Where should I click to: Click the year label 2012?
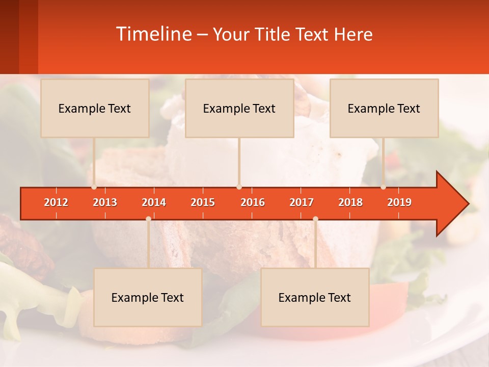(56, 202)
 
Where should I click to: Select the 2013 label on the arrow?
(105, 202)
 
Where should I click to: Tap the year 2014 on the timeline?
(154, 202)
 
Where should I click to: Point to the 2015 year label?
(203, 202)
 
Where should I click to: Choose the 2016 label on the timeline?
(253, 202)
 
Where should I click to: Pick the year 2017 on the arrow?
(302, 202)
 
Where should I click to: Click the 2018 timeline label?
(350, 202)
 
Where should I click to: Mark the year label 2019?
(399, 202)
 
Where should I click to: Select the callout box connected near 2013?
(95, 108)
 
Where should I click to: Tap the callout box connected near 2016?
(239, 108)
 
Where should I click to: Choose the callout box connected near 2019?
(384, 108)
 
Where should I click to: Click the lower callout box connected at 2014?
(148, 297)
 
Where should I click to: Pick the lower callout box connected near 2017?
(315, 297)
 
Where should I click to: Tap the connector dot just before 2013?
(94, 187)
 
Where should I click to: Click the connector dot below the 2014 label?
(148, 219)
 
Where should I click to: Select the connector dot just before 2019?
(384, 187)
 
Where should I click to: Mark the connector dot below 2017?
(315, 219)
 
